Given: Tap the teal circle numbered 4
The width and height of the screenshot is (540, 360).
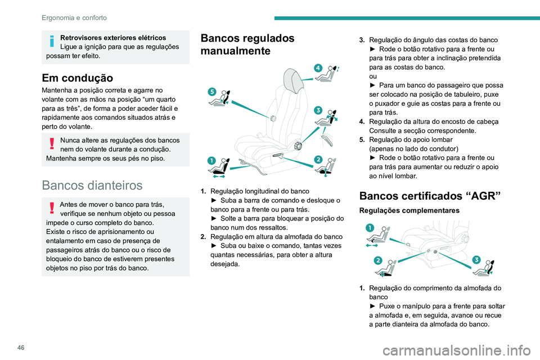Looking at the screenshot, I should click(318, 68).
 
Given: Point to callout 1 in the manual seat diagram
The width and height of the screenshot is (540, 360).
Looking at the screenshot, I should click(211, 161).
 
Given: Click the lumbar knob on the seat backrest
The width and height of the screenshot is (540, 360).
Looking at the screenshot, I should click(273, 118).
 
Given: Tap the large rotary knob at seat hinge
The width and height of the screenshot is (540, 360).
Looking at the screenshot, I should click(297, 146).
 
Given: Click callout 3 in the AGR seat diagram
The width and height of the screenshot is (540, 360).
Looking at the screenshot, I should click(476, 259).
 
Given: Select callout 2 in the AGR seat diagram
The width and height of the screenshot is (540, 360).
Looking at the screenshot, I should click(377, 260).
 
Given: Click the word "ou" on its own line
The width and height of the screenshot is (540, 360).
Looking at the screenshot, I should click(373, 76).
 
